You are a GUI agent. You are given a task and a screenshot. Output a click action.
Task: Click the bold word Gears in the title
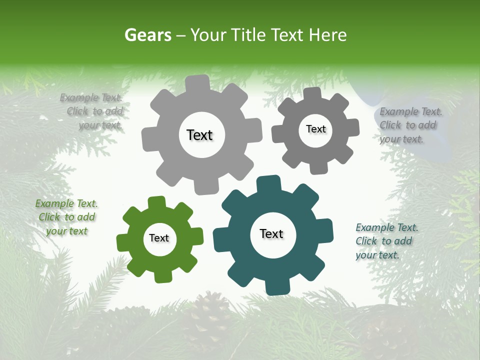[147, 35]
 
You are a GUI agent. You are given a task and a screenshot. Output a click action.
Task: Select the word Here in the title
[327, 35]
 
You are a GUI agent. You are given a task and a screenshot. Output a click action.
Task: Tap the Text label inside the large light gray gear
[199, 135]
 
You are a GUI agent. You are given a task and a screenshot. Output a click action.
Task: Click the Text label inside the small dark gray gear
[315, 129]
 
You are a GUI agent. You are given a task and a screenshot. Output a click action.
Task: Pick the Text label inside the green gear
[159, 238]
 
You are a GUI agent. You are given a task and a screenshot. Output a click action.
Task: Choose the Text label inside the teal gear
[271, 233]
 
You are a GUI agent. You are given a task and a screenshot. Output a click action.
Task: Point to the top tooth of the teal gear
[268, 183]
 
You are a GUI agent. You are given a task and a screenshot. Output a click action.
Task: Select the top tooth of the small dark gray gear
[312, 94]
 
